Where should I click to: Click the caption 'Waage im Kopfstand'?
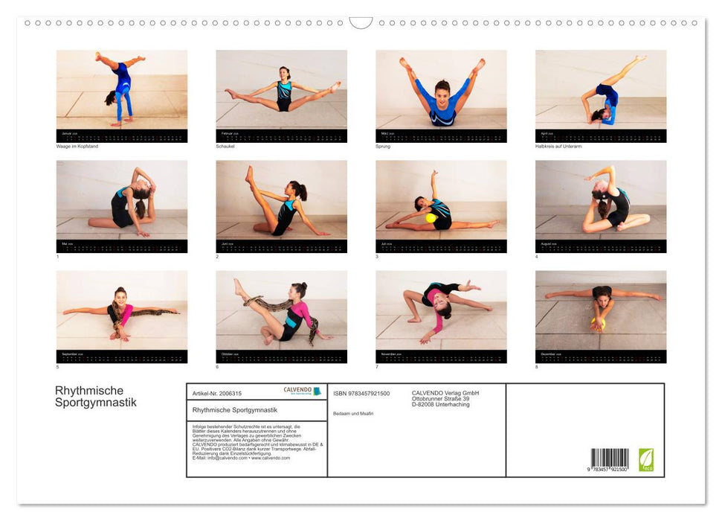(x=77, y=147)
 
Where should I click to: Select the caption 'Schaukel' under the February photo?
(x=226, y=147)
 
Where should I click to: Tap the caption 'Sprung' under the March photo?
(x=383, y=147)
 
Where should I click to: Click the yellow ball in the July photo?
(x=431, y=218)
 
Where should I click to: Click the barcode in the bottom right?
(x=610, y=458)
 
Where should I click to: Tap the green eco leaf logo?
(x=646, y=459)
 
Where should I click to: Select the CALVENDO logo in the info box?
(x=302, y=391)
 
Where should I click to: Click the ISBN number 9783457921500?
(x=361, y=393)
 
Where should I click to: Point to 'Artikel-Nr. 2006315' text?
(x=217, y=393)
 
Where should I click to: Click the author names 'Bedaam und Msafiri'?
(x=354, y=413)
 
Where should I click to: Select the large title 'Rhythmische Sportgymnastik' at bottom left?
(x=95, y=397)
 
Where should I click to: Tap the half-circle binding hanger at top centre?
(x=361, y=23)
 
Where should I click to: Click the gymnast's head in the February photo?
(x=284, y=73)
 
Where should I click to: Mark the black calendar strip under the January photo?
(x=122, y=136)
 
